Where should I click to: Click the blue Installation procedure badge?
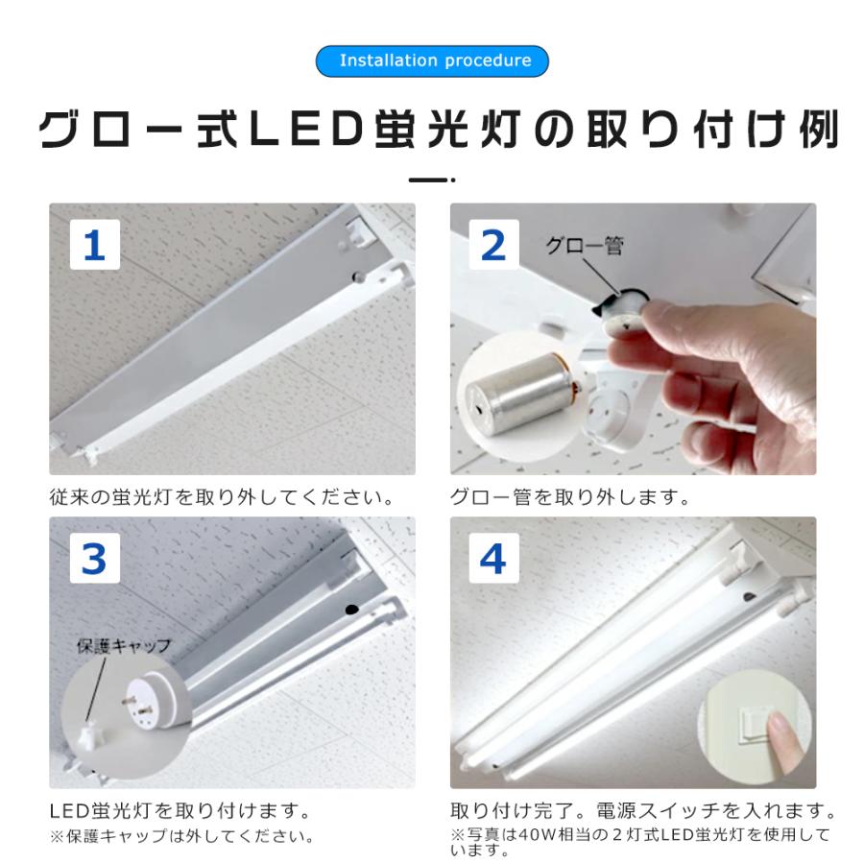click(432, 60)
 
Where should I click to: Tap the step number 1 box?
click(95, 245)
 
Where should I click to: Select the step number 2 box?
click(493, 245)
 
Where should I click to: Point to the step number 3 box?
click(95, 558)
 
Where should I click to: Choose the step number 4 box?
click(493, 558)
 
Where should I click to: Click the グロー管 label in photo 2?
click(585, 245)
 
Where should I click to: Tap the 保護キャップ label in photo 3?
click(124, 645)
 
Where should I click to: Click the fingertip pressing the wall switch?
click(780, 728)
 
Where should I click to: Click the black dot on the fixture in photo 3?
click(352, 610)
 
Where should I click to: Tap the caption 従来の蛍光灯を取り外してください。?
click(222, 497)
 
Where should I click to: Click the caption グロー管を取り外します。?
click(569, 497)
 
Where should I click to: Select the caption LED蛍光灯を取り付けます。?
click(180, 811)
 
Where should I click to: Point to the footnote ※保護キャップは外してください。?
click(182, 836)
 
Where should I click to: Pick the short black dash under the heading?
click(428, 180)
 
